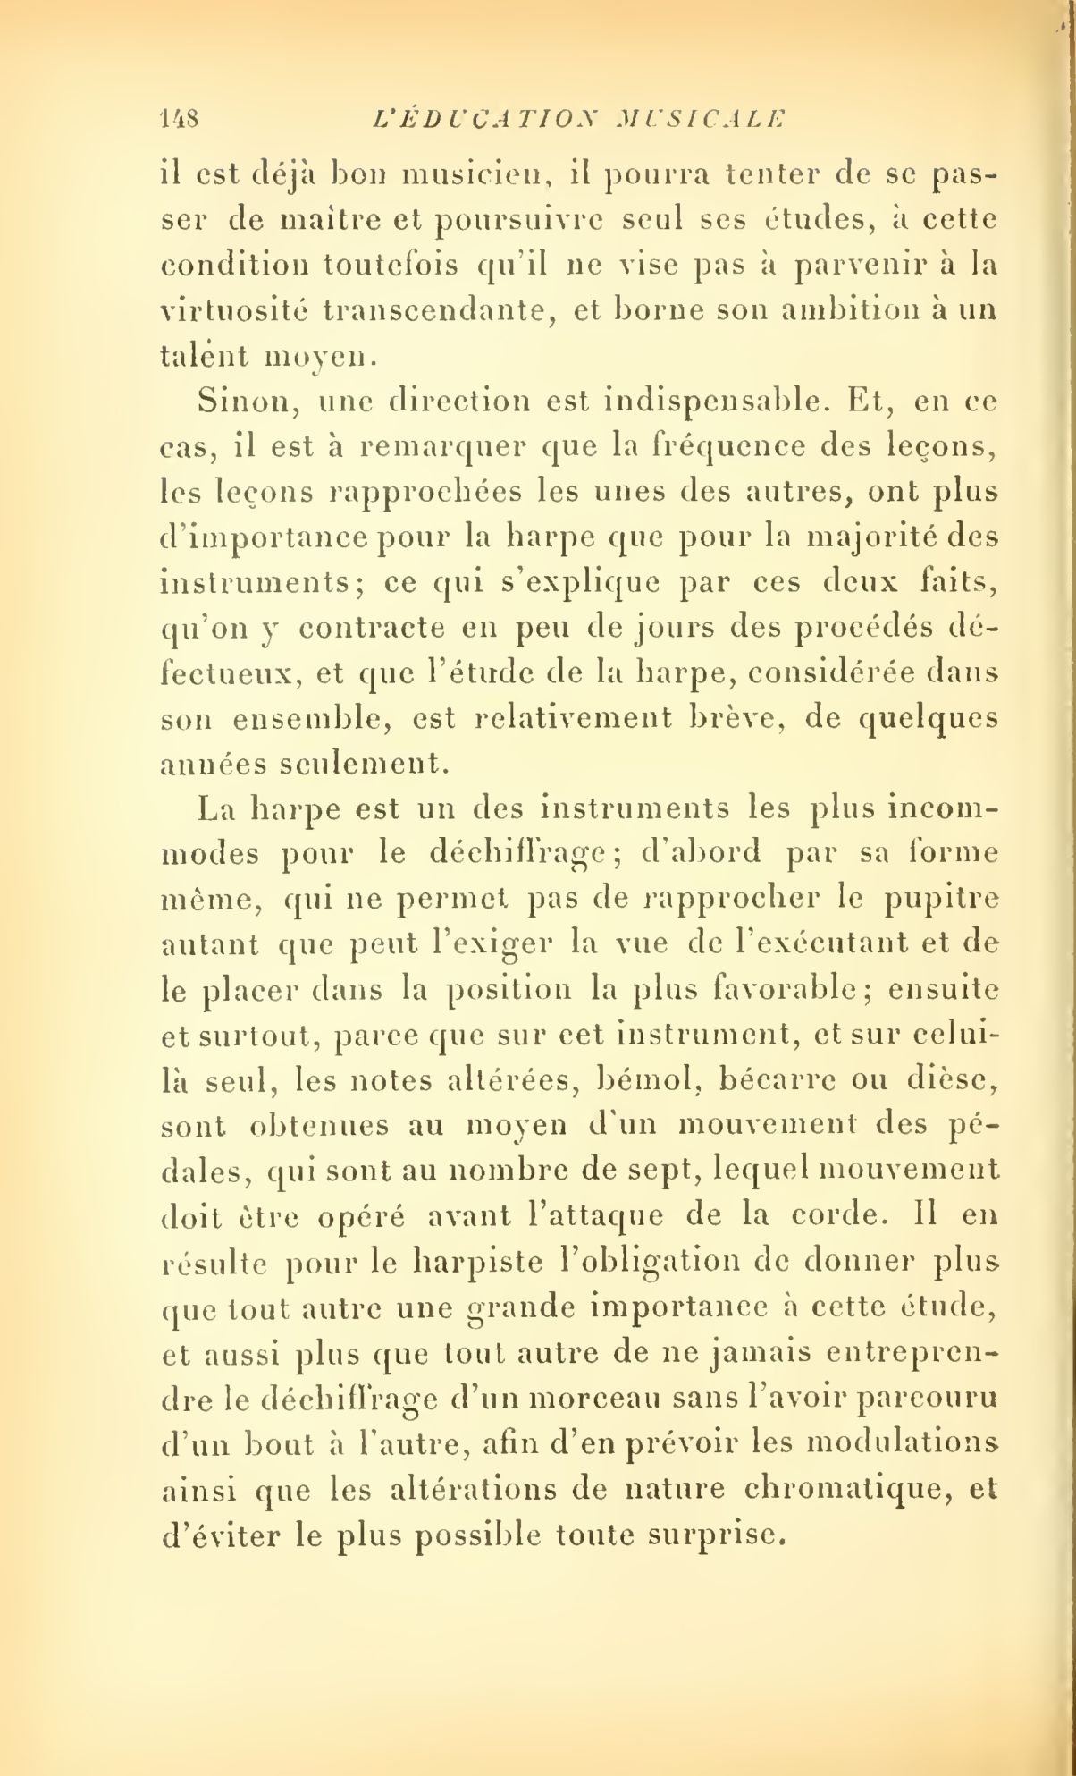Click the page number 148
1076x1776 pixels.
(181, 118)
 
